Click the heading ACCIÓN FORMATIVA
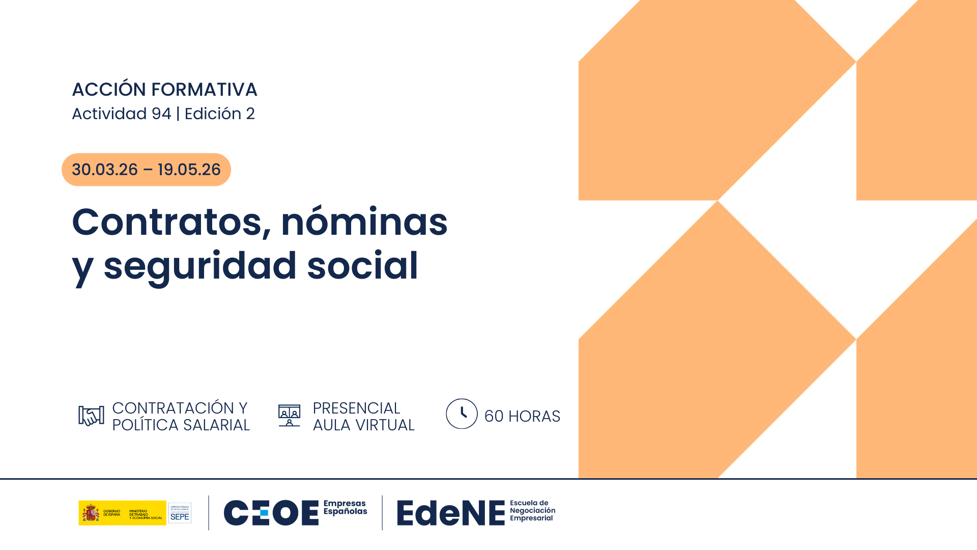pos(164,90)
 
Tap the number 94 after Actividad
pos(161,114)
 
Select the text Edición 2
pos(219,114)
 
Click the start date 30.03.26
pos(105,170)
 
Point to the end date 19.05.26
pos(189,170)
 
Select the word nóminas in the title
pos(364,223)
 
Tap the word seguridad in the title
pos(200,266)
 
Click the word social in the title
pos(362,265)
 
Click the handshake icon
pos(91,416)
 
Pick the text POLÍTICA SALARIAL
pos(181,425)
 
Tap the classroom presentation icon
pos(289,416)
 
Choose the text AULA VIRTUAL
pos(363,425)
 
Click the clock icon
pos(462,414)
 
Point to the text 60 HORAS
pos(522,417)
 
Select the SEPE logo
pos(180,513)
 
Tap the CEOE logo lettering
pos(271,513)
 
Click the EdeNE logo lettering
pos(451,513)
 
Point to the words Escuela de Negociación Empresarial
pos(532,511)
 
